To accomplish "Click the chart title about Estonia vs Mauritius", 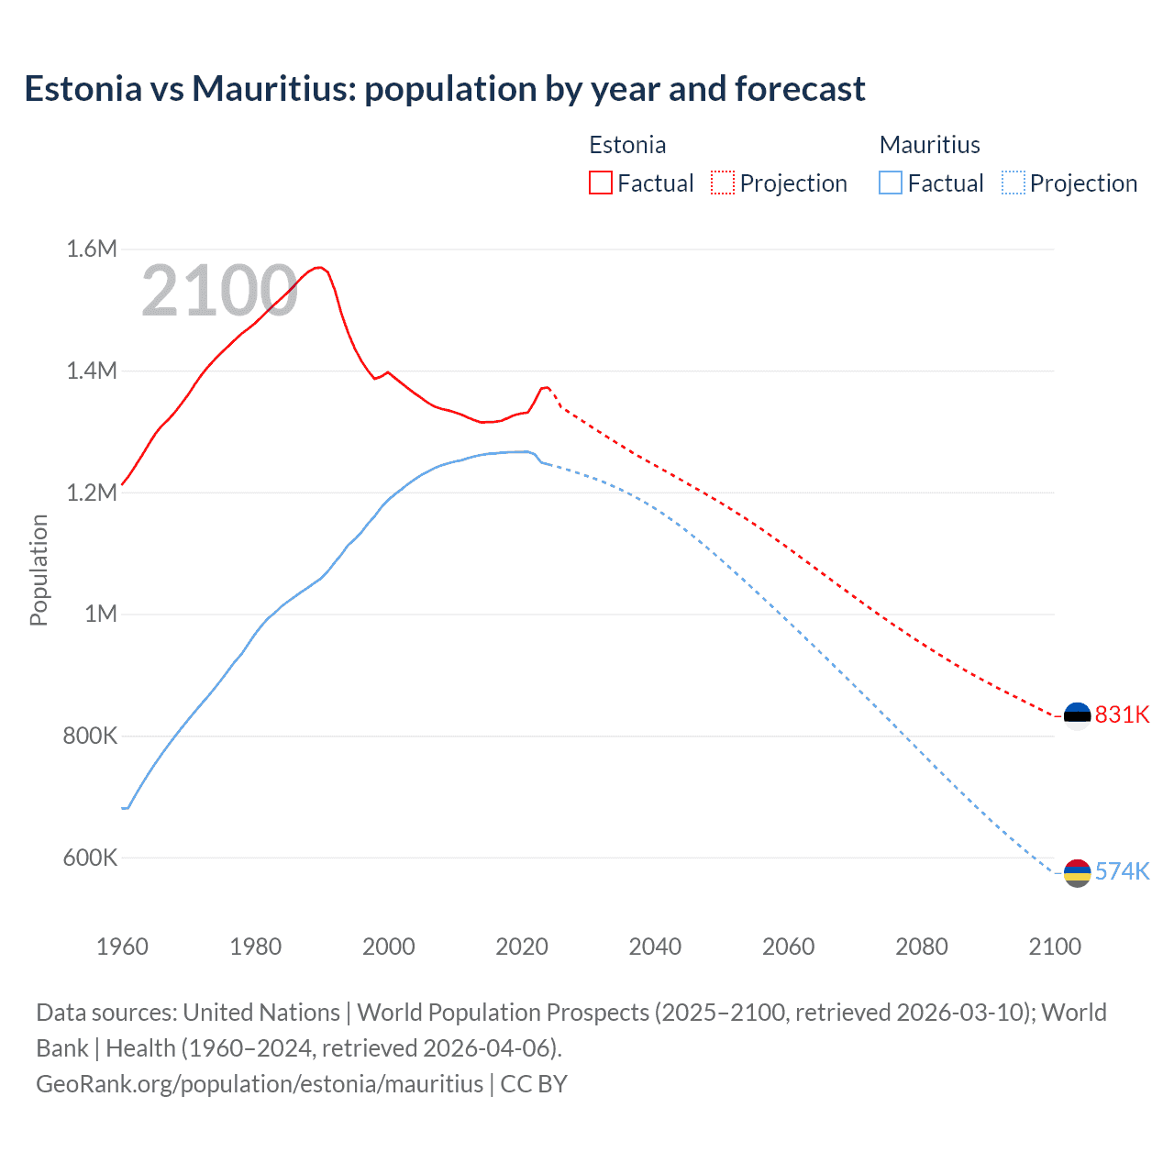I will click(445, 89).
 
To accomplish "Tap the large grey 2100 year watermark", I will click(219, 291).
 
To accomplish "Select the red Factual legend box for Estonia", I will click(601, 183).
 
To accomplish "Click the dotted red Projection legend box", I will click(723, 183).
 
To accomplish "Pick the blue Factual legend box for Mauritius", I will click(891, 183).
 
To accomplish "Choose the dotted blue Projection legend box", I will click(1013, 183).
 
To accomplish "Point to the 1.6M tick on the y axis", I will click(92, 249).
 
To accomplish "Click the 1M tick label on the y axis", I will click(101, 614).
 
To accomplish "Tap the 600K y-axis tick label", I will click(90, 858).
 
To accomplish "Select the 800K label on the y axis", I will click(90, 736).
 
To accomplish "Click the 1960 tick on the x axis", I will click(122, 947).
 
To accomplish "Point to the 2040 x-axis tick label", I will click(655, 947).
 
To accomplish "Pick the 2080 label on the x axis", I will click(922, 947).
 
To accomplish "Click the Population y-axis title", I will click(39, 570).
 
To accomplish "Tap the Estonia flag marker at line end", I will click(1077, 715).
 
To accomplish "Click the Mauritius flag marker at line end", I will click(1077, 872).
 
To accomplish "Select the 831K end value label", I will click(1122, 714).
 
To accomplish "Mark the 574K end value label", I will click(1122, 871).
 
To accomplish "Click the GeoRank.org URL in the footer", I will click(260, 1084).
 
